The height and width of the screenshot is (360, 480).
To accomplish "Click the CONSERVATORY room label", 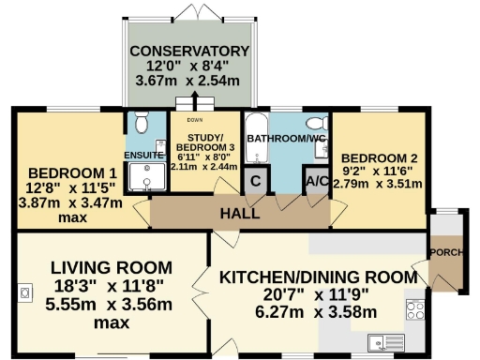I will click(190, 51).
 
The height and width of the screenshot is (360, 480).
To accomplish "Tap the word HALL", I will click(239, 214).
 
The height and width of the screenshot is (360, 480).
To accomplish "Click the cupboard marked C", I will click(254, 181).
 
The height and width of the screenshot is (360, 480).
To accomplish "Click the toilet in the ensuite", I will click(140, 123).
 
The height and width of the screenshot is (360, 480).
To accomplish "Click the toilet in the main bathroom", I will click(316, 125).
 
